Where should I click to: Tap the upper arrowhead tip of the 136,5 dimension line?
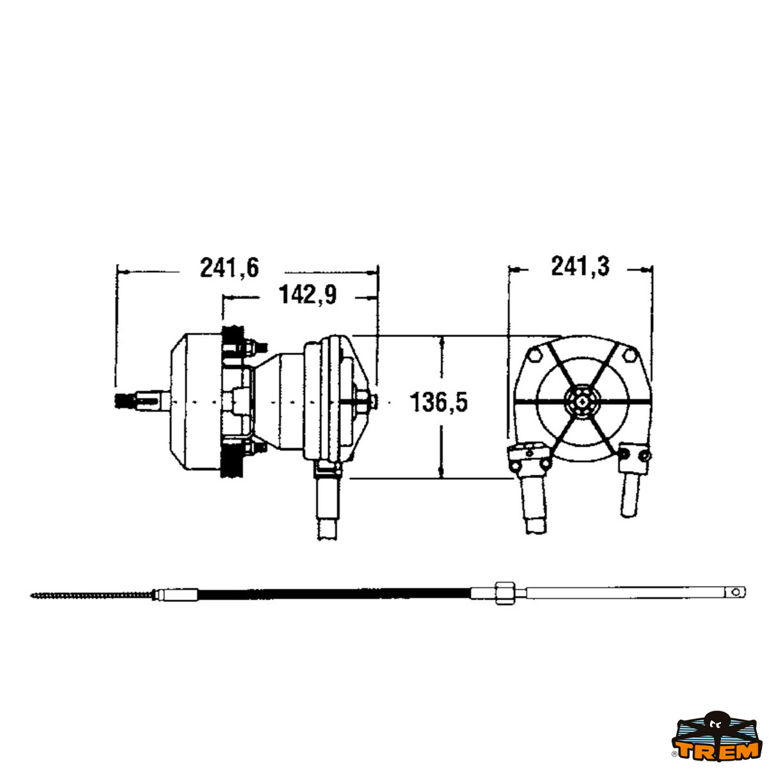[x=442, y=336]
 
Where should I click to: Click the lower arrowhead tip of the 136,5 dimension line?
[x=442, y=478]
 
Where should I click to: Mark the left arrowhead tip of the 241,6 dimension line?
[x=117, y=272]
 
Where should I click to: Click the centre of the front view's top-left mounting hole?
[x=534, y=354]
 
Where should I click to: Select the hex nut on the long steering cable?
[x=505, y=593]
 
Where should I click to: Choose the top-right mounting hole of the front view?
[x=630, y=355]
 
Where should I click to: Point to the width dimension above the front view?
[x=580, y=267]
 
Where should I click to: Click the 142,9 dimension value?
[x=308, y=295]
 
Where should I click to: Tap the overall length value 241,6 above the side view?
[x=229, y=268]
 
